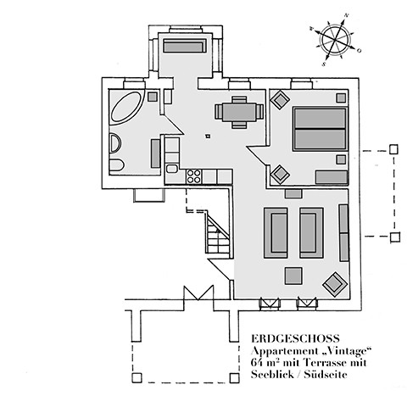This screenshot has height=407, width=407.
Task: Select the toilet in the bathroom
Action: tap(118, 164)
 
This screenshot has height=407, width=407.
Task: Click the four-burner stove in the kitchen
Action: tap(193, 176)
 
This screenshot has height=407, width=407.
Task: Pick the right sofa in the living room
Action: tap(311, 232)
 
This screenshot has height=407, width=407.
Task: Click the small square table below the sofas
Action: tap(294, 276)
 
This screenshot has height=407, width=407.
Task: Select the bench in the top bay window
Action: tap(185, 46)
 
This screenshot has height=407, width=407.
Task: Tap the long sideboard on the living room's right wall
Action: tap(343, 232)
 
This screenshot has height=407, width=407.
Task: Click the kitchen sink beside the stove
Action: tap(173, 176)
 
